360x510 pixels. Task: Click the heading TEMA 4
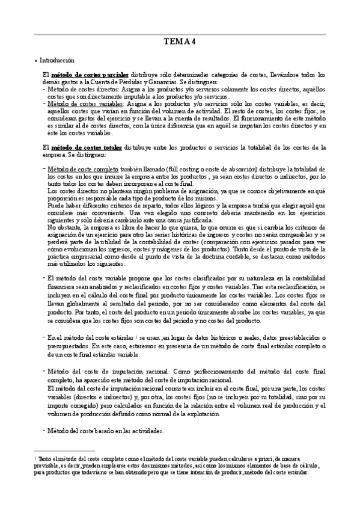click(180, 41)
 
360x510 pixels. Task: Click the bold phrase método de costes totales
click(86, 147)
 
